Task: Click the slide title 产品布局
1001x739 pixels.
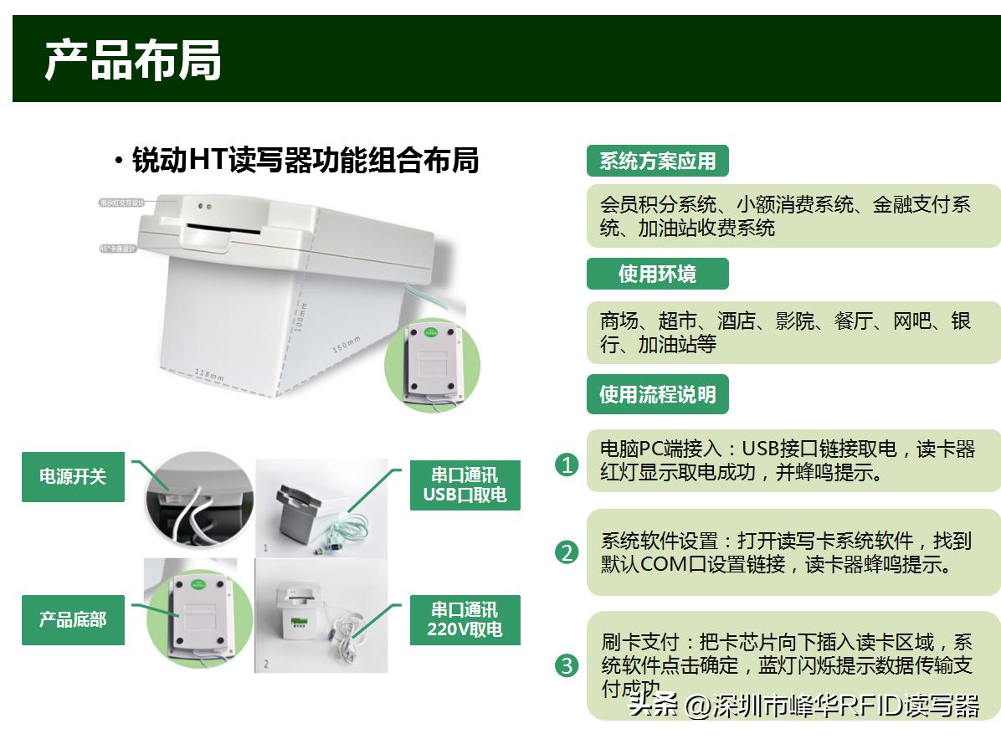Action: pos(133,60)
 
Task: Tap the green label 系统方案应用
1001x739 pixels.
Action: pos(658,161)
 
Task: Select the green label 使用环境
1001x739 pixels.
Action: pos(657,274)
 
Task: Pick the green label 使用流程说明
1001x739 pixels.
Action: pos(657,394)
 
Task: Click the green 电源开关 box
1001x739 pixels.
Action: pos(73,477)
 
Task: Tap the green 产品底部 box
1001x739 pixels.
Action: pos(73,620)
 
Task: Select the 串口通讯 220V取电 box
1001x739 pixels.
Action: pos(465,619)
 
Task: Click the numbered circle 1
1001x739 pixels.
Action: pos(567,464)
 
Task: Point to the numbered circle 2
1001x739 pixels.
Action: pos(567,552)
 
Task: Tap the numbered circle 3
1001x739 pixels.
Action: pos(567,665)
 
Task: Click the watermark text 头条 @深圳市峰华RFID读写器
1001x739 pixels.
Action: pos(804,706)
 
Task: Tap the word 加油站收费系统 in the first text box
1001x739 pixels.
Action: pos(706,228)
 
